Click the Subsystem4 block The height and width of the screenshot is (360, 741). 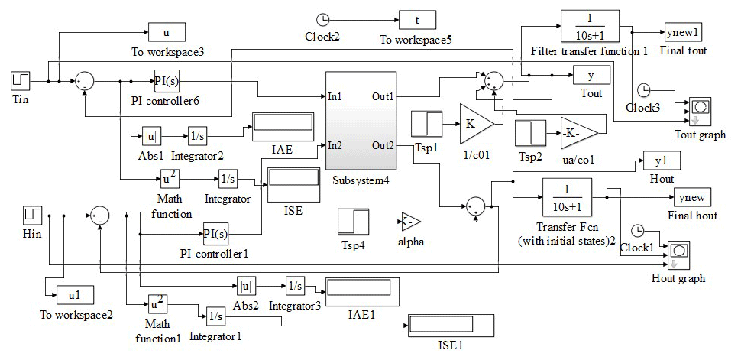click(x=361, y=121)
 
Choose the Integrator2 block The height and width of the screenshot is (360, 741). click(x=198, y=137)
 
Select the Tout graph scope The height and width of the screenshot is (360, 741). click(x=701, y=109)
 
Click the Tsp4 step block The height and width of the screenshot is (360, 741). click(x=352, y=222)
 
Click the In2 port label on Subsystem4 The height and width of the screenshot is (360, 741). click(x=335, y=145)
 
